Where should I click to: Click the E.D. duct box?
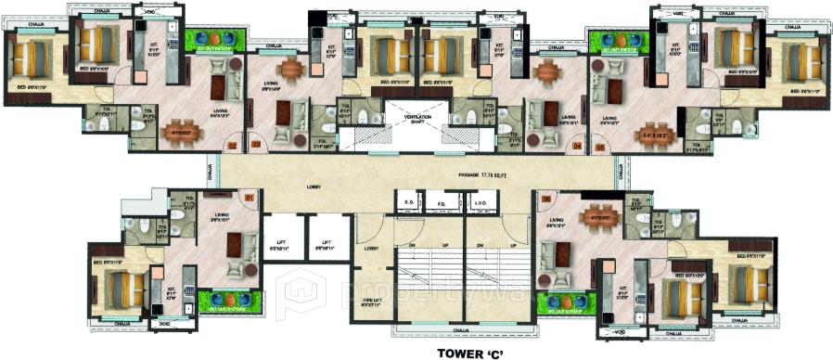point(408,203)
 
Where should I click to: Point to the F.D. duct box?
point(442,203)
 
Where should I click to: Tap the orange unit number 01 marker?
point(249,197)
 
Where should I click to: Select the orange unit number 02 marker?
point(233,145)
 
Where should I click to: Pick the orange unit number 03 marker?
point(257,145)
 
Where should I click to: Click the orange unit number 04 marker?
point(576,146)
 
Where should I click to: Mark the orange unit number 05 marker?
point(600,146)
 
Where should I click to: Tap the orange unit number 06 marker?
point(545,198)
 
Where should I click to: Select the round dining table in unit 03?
point(293,69)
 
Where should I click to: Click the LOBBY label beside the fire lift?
point(370,249)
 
